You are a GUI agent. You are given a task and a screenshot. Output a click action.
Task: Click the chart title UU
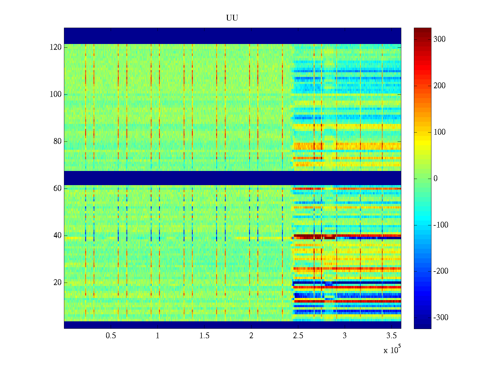pyautogui.click(x=232, y=18)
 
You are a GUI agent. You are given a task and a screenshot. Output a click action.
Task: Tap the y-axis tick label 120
pyautogui.click(x=56, y=47)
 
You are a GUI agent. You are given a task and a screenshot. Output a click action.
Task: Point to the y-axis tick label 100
pyautogui.click(x=56, y=94)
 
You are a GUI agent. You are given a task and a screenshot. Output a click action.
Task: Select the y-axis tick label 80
pyautogui.click(x=58, y=141)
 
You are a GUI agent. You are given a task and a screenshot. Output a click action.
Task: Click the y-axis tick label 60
pyautogui.click(x=58, y=188)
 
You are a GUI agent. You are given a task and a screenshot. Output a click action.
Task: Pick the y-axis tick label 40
pyautogui.click(x=58, y=236)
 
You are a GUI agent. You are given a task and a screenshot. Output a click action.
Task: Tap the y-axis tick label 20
pyautogui.click(x=58, y=283)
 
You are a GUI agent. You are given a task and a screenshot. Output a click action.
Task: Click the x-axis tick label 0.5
pyautogui.click(x=111, y=336)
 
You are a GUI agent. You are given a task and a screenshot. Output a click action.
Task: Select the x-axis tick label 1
pyautogui.click(x=157, y=336)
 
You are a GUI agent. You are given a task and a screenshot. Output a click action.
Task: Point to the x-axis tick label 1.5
pyautogui.click(x=204, y=336)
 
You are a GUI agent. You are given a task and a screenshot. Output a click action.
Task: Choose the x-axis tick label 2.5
pyautogui.click(x=298, y=336)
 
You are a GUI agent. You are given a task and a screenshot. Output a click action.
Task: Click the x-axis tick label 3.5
pyautogui.click(x=391, y=336)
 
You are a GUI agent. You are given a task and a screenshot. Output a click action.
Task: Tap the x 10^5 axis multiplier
pyautogui.click(x=392, y=350)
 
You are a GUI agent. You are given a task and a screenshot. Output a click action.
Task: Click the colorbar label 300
pyautogui.click(x=439, y=39)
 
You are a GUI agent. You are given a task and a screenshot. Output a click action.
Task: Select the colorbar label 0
pyautogui.click(x=435, y=179)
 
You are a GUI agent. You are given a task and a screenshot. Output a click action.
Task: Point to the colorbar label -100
pyautogui.click(x=441, y=225)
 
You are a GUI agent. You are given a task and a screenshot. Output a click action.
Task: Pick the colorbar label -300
pyautogui.click(x=441, y=318)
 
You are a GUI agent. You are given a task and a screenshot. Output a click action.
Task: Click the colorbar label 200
pyautogui.click(x=439, y=86)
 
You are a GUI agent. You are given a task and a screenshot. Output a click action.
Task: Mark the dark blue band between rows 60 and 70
pyautogui.click(x=232, y=178)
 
